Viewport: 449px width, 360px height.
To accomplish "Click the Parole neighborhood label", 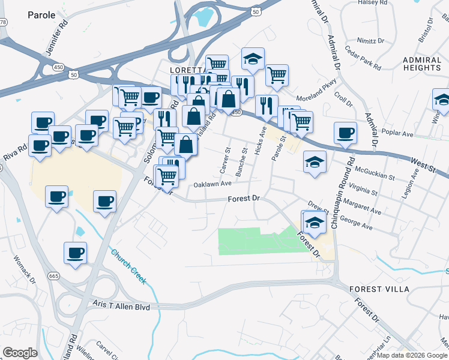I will (41, 14).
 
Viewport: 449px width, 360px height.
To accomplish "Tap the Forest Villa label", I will (379, 289).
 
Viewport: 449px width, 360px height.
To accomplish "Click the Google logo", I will (20, 353).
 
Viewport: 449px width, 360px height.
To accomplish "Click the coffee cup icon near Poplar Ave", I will (345, 133).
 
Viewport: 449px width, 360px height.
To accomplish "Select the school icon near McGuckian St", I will (315, 163).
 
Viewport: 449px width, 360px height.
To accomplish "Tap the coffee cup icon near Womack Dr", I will (75, 253).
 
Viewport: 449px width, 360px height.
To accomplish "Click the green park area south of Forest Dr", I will (258, 242).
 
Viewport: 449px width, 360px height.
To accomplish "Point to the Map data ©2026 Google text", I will (412, 355).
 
